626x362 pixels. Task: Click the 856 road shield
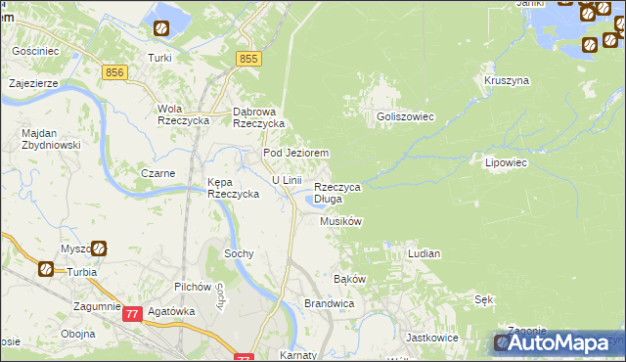[x=115, y=73]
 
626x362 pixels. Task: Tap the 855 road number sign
[x=248, y=60]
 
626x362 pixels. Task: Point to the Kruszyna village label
[x=507, y=79]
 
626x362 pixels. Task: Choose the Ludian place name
[x=424, y=253]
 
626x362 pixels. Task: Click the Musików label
[x=341, y=222]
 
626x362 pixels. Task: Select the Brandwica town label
[x=329, y=304]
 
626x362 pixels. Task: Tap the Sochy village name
[x=240, y=253]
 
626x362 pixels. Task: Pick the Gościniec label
[x=35, y=50]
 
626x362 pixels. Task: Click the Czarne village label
[x=157, y=173]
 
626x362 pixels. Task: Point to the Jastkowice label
[x=431, y=337]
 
